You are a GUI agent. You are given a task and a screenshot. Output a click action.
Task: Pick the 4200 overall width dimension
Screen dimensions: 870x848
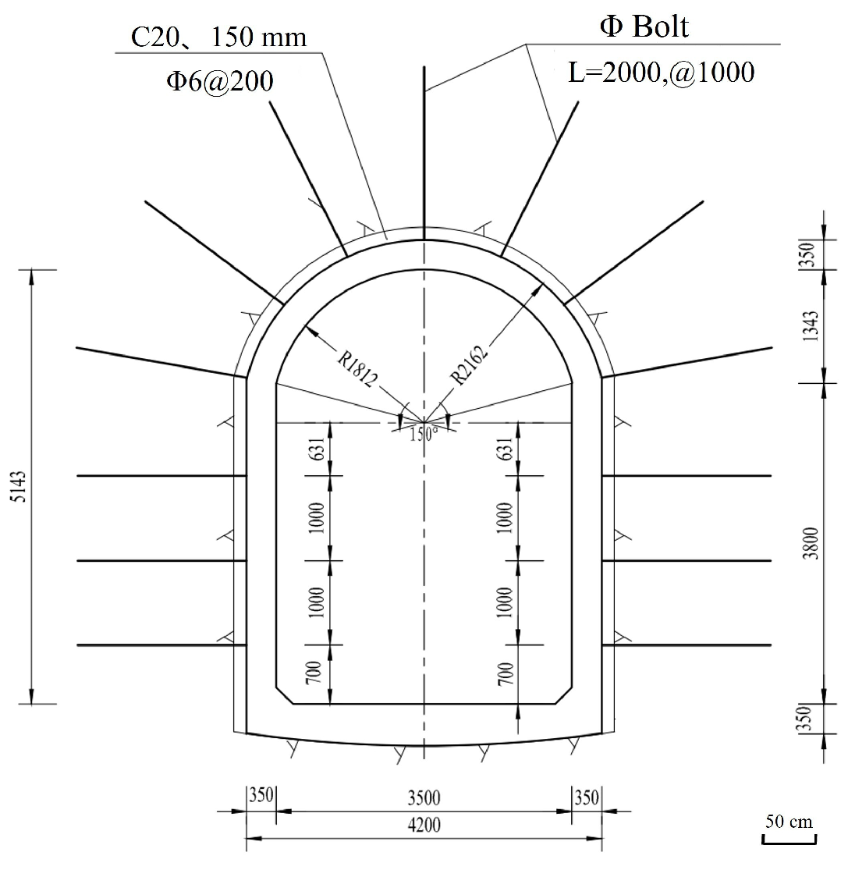point(424,826)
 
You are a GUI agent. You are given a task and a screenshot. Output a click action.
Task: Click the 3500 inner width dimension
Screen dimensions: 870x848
point(424,798)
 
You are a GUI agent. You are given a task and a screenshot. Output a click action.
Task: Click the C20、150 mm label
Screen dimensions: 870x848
point(218,37)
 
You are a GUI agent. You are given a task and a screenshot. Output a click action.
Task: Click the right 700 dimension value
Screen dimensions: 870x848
point(505,674)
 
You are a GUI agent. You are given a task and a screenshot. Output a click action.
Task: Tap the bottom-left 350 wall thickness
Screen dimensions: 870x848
point(261,798)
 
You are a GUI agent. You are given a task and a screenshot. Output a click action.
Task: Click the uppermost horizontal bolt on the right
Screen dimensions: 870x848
point(687,475)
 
